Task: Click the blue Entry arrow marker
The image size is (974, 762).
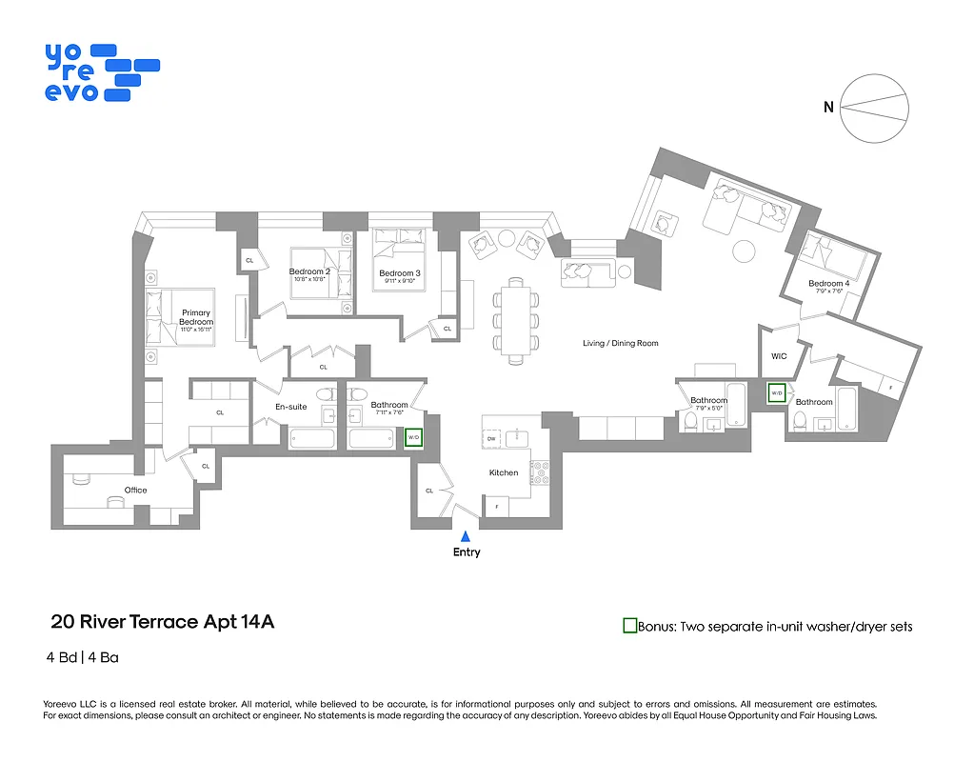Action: tap(466, 537)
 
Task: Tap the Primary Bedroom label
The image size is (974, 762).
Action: tap(196, 317)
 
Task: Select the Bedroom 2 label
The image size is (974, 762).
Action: tap(309, 271)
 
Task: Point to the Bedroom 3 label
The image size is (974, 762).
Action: tap(400, 273)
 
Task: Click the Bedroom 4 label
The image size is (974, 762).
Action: tap(827, 284)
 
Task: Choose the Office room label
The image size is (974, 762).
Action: tap(135, 490)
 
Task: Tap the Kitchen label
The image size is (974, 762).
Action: tap(504, 472)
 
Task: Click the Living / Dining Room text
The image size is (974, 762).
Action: tap(621, 343)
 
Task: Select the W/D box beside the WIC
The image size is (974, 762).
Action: tap(776, 392)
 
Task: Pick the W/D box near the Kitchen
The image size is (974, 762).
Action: tap(413, 438)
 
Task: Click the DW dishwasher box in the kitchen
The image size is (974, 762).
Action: tap(492, 439)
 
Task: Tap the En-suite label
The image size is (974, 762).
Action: tap(291, 407)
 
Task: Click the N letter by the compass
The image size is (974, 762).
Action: tap(828, 108)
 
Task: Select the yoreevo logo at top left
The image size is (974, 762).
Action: tap(100, 72)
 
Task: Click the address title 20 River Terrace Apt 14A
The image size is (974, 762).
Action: tap(162, 622)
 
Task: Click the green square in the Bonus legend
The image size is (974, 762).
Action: tap(629, 626)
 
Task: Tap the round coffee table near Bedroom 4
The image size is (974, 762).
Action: tap(744, 251)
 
